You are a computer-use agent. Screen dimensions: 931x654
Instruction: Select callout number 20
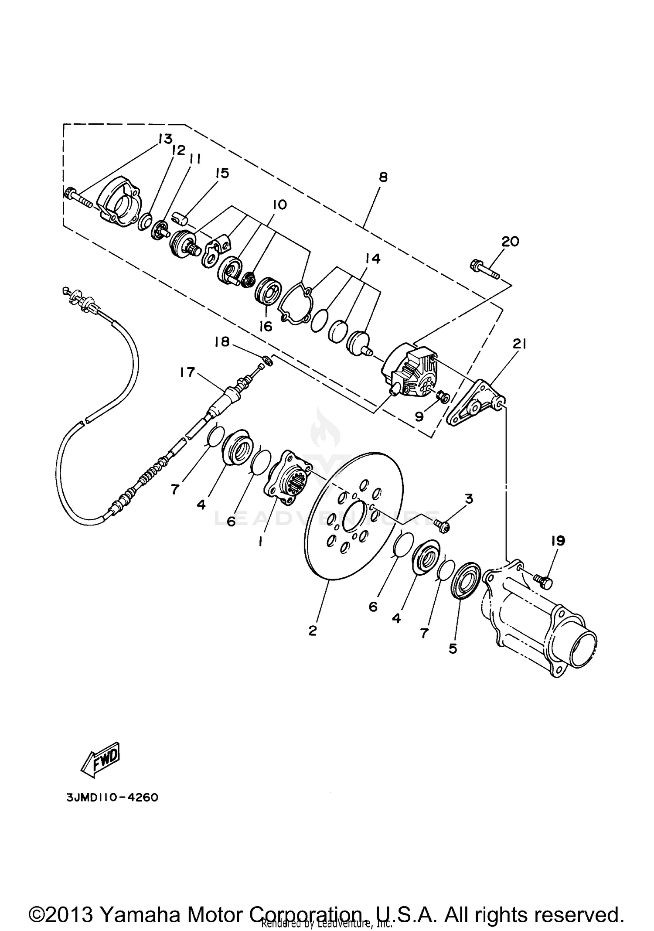point(510,241)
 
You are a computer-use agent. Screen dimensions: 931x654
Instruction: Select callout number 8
point(383,177)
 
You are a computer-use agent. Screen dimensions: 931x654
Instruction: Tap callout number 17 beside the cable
point(187,372)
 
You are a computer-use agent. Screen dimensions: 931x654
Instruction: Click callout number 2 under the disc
point(312,631)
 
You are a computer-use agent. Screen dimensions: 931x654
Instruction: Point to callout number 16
point(266,326)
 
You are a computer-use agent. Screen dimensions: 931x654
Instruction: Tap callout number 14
point(373,258)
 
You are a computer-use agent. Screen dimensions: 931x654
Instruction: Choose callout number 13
point(165,139)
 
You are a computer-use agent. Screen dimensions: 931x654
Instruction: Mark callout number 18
point(222,341)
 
